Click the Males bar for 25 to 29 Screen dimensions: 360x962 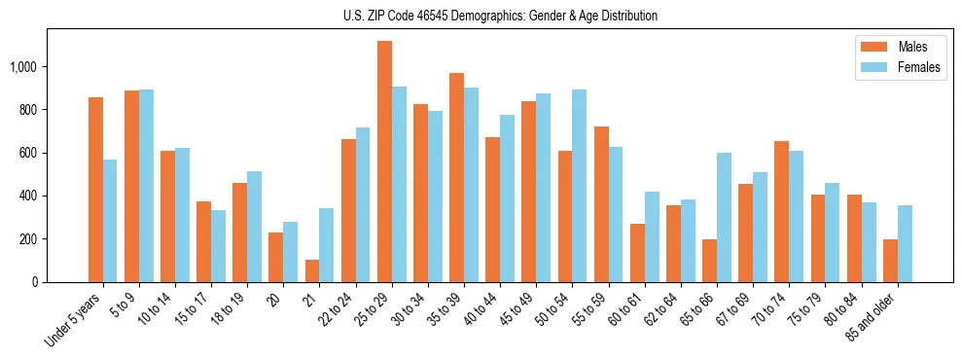coord(384,162)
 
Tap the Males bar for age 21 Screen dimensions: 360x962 coord(312,270)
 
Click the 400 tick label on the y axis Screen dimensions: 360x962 coord(27,196)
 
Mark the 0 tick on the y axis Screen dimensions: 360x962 coord(35,282)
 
